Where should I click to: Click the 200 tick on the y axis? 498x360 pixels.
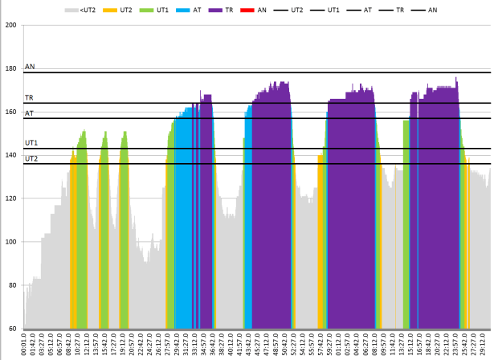click(x=11, y=25)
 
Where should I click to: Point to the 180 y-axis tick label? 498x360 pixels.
click(x=11, y=68)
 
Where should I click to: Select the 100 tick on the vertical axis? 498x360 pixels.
click(x=11, y=242)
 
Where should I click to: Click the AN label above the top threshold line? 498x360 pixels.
click(x=30, y=67)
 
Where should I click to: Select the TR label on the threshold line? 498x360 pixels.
click(x=30, y=98)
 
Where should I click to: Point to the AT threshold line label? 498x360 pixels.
click(x=30, y=113)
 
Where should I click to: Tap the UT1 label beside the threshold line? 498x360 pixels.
click(x=31, y=143)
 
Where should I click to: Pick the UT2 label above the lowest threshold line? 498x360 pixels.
click(x=31, y=158)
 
